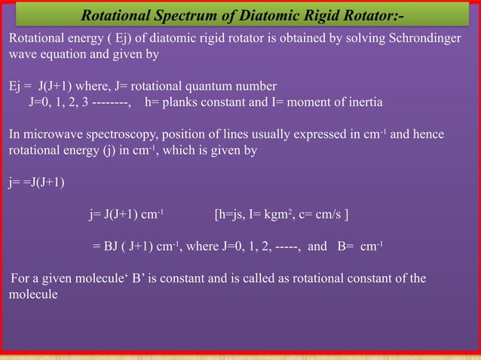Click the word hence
(x=430, y=135)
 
